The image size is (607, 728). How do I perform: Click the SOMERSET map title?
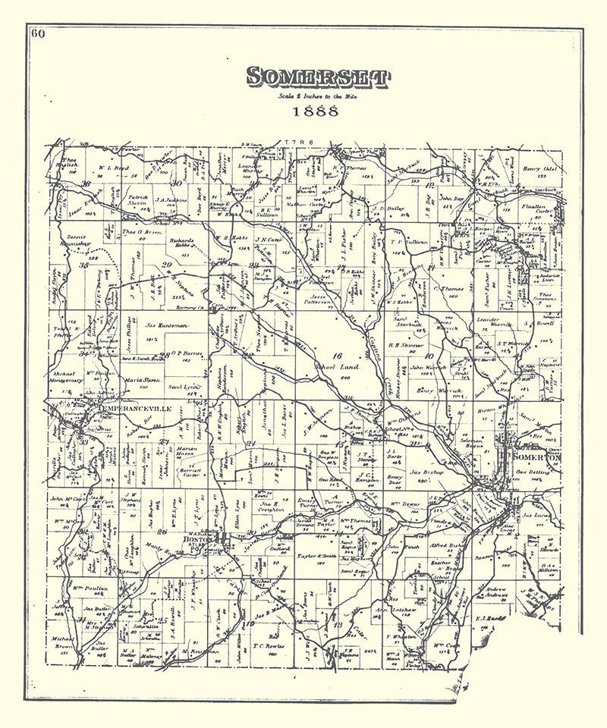tap(317, 77)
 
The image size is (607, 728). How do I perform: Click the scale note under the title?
tap(317, 96)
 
